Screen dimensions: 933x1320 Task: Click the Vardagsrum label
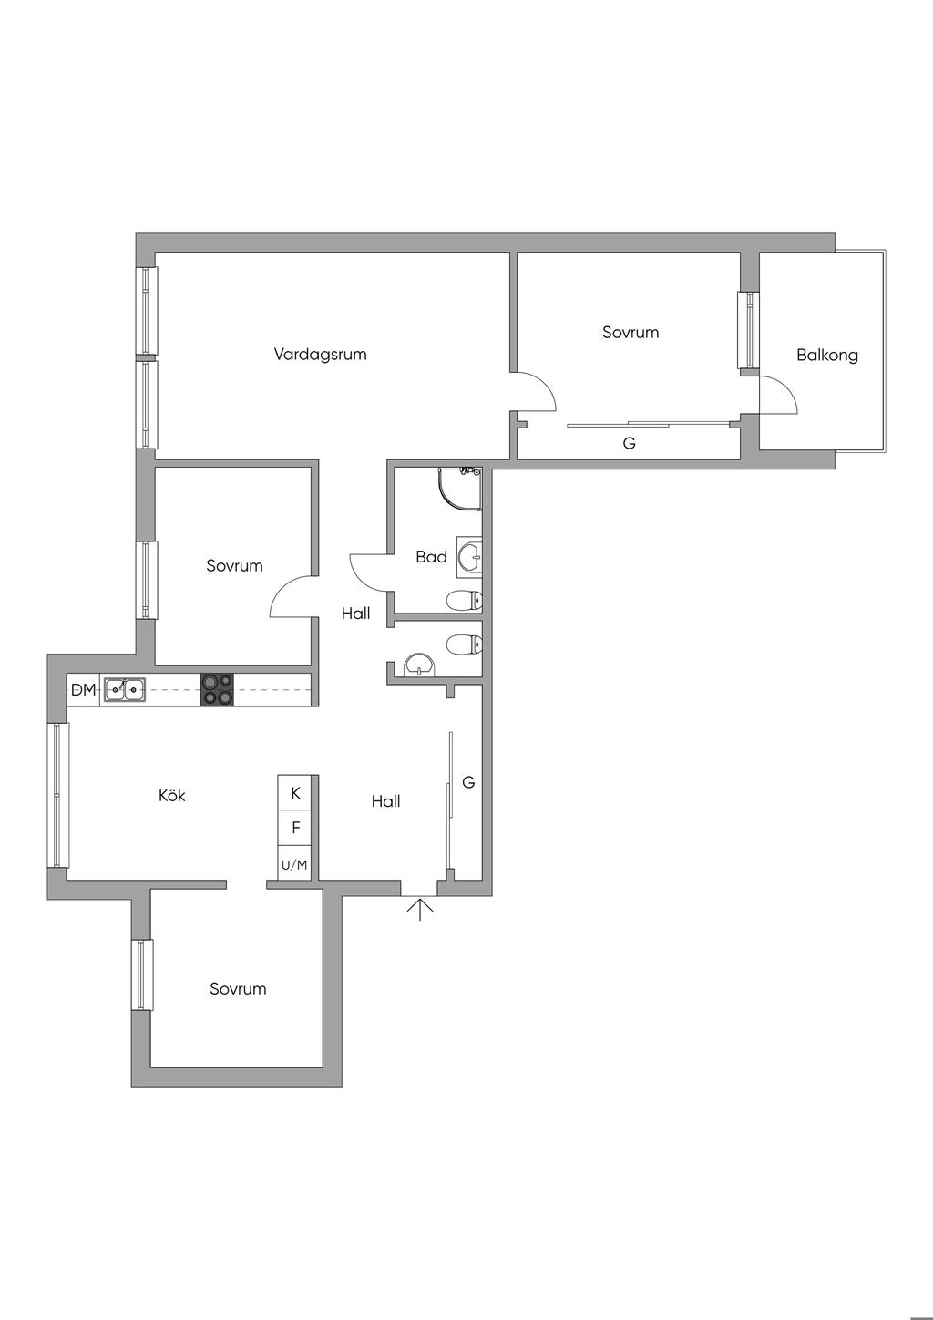pos(320,355)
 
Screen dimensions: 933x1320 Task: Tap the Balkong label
pos(827,355)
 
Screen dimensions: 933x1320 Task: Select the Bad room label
pos(431,556)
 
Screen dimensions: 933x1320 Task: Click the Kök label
pos(172,795)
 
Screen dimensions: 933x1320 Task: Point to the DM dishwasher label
pos(83,689)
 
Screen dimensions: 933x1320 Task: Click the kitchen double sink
pos(124,689)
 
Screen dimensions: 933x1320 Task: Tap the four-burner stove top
pos(217,689)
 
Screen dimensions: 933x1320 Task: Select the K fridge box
pos(294,792)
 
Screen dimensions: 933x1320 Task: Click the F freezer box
pos(294,828)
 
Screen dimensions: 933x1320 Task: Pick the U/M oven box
pos(294,863)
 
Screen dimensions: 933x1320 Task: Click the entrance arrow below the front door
pos(419,908)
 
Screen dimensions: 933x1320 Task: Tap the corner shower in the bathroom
pos(460,490)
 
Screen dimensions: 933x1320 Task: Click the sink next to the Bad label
pos(469,557)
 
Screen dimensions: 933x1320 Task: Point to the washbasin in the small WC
pos(418,665)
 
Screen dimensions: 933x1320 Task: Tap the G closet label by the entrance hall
pos(468,782)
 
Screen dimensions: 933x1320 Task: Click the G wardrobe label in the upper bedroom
pos(629,442)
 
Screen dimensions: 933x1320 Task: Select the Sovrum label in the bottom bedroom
pos(238,988)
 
